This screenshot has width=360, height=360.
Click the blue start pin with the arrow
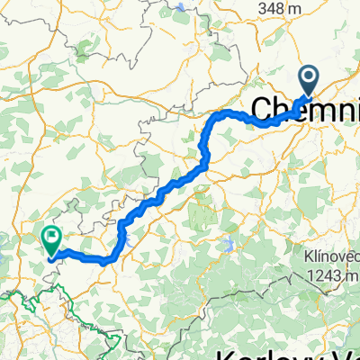308,82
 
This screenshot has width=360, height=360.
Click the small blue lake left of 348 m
184,8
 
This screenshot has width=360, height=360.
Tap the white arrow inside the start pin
308,79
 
